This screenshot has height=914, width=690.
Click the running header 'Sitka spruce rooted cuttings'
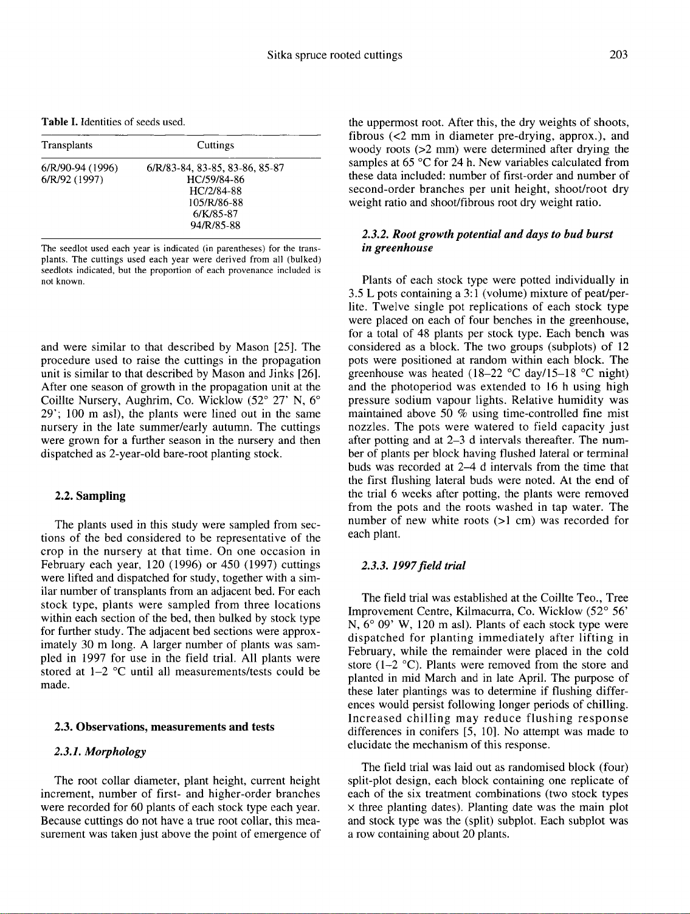(335, 56)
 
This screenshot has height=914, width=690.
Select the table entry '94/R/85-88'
(216, 226)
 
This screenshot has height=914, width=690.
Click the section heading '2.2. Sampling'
(90, 496)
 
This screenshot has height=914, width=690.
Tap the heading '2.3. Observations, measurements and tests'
(164, 727)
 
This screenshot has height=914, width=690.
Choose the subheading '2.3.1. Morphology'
(100, 752)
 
